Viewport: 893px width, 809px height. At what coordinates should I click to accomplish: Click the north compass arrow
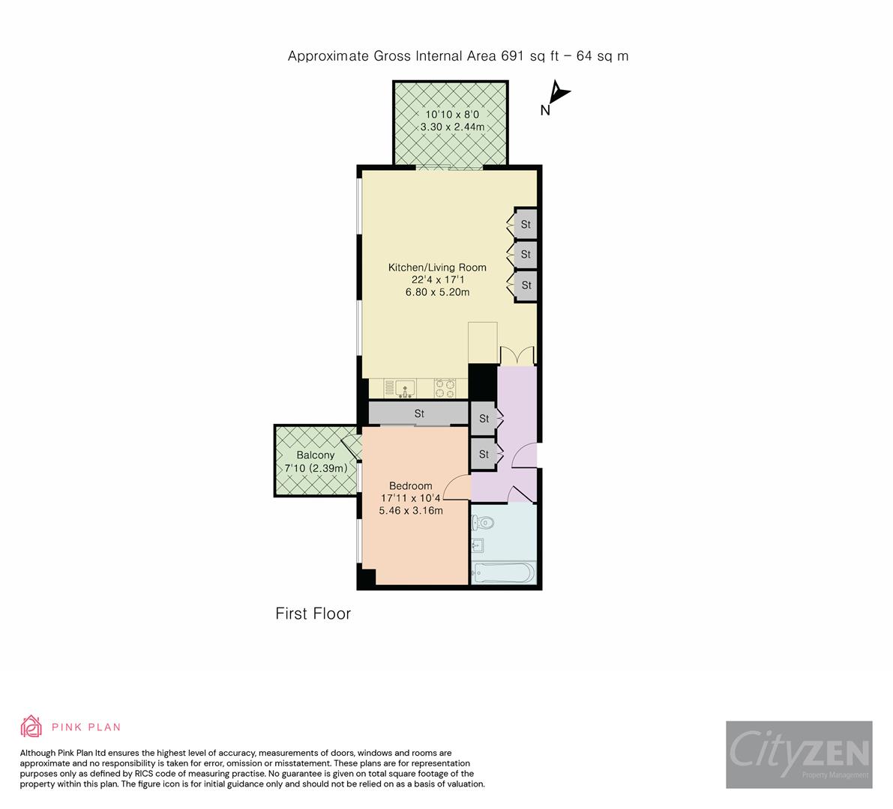[559, 94]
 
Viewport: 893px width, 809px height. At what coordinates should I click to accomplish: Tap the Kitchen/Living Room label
[436, 267]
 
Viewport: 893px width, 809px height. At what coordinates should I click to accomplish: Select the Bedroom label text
[411, 486]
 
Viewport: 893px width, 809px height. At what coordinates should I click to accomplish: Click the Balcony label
[315, 455]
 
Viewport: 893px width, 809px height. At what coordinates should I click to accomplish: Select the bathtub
[502, 573]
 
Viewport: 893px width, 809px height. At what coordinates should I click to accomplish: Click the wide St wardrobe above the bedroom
[418, 413]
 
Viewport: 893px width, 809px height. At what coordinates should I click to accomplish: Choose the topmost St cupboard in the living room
[525, 224]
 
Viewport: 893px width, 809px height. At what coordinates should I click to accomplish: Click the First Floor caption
[313, 614]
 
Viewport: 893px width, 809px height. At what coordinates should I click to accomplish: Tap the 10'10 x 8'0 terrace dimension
[452, 115]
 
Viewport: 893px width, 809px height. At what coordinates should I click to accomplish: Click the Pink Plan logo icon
[31, 727]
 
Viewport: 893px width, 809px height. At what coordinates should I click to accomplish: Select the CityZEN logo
[799, 754]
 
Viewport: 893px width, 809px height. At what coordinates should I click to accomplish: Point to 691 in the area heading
[515, 56]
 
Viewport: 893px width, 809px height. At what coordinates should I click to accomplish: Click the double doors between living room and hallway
[517, 354]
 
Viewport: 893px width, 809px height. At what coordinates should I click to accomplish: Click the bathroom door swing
[519, 494]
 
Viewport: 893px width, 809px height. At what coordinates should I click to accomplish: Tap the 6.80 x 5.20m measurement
[436, 292]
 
